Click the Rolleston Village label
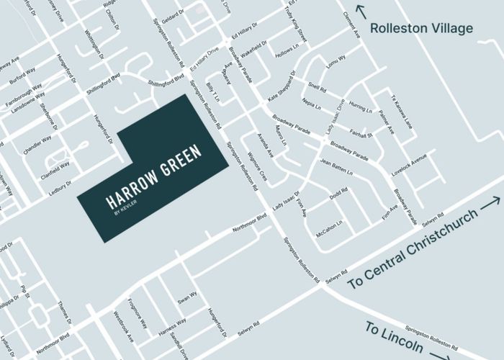pos(421,29)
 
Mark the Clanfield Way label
pos(55,168)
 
